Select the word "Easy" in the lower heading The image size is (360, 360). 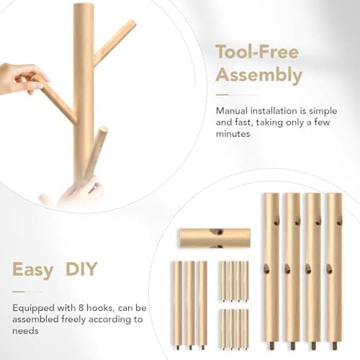point(32,270)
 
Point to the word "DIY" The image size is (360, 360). point(82,270)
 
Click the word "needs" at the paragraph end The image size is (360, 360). point(27,330)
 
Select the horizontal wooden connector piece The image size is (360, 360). point(215,238)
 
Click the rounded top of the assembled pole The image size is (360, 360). point(83,8)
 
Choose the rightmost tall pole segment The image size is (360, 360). point(335,266)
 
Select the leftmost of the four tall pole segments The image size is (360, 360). point(271,266)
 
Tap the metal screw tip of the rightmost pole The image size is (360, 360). point(335,346)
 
